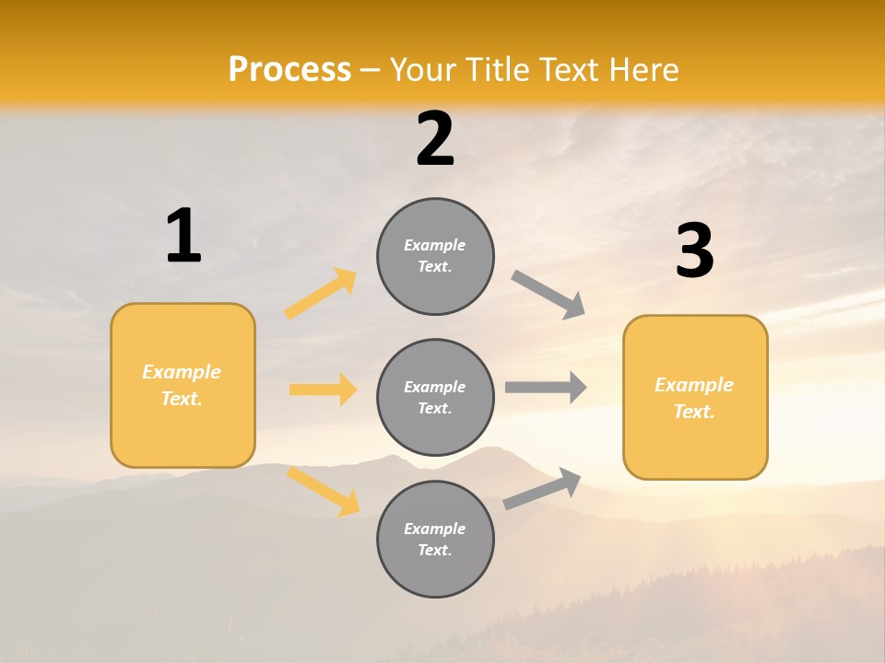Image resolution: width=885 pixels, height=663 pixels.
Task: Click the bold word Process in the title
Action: coord(289,70)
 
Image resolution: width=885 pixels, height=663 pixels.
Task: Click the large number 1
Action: coord(183,236)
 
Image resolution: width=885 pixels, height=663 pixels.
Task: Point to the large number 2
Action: coord(435,139)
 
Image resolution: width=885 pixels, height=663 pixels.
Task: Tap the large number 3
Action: coord(694,250)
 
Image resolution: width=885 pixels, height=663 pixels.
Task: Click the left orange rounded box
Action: coord(183,385)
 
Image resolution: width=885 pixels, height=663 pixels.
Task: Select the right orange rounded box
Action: coord(695,397)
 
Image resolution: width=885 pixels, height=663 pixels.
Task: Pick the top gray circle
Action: coord(435,256)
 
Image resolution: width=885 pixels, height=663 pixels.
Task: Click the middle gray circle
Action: coord(435,397)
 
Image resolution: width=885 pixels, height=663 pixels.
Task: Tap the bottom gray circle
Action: coord(435,539)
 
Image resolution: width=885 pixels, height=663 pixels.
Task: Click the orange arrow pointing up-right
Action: coord(321,294)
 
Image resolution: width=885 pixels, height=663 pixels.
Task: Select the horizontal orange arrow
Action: coord(323,390)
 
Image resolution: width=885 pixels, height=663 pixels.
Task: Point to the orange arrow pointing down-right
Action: coord(323,491)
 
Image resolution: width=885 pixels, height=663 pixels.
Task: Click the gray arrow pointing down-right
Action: coord(549,295)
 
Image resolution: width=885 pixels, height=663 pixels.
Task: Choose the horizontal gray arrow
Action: coord(546,387)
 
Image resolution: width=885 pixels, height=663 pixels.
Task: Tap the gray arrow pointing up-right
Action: coord(542,489)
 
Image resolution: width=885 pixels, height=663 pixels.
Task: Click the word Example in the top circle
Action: coord(434,245)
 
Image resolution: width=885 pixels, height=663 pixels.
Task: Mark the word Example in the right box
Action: coord(694,385)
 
